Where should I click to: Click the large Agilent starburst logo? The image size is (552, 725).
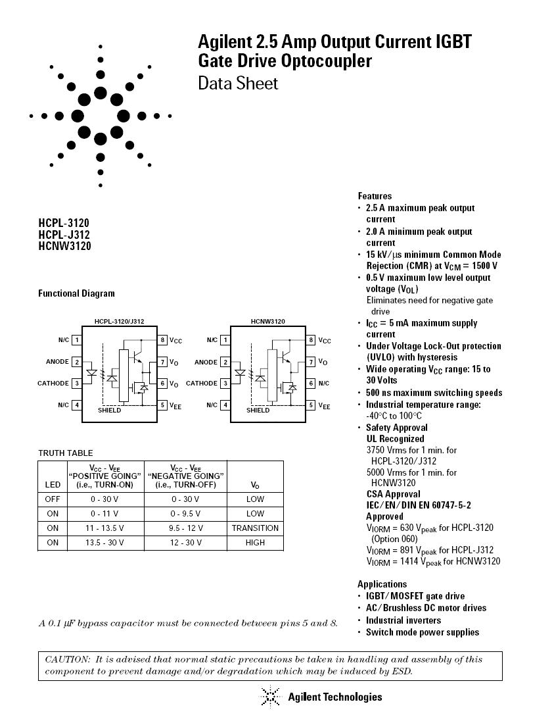tap(100, 116)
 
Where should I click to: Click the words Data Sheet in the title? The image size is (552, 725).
tap(238, 84)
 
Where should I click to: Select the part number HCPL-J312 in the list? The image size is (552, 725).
tap(64, 235)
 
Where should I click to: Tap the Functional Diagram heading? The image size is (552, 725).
tap(76, 293)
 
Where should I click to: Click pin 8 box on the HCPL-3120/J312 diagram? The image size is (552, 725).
tap(162, 340)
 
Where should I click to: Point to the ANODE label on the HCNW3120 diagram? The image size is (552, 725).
tap(206, 362)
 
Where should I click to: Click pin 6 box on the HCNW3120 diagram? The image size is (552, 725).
tap(311, 383)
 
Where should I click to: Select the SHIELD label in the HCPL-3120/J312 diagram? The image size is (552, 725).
tap(110, 410)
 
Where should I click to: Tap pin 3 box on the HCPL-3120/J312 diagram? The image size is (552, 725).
tap(77, 383)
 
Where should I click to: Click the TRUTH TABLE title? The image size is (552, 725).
tap(65, 453)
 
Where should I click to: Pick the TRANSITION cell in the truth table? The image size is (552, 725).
tap(255, 528)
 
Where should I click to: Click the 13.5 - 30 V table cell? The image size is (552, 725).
tap(106, 543)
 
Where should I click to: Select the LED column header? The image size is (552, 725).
tap(53, 485)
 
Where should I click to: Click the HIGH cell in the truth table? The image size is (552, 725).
tap(255, 543)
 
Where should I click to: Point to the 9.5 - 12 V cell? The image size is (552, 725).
tap(186, 528)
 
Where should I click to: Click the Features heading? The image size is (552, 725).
tap(375, 196)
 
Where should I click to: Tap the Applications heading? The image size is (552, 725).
tap(382, 584)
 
